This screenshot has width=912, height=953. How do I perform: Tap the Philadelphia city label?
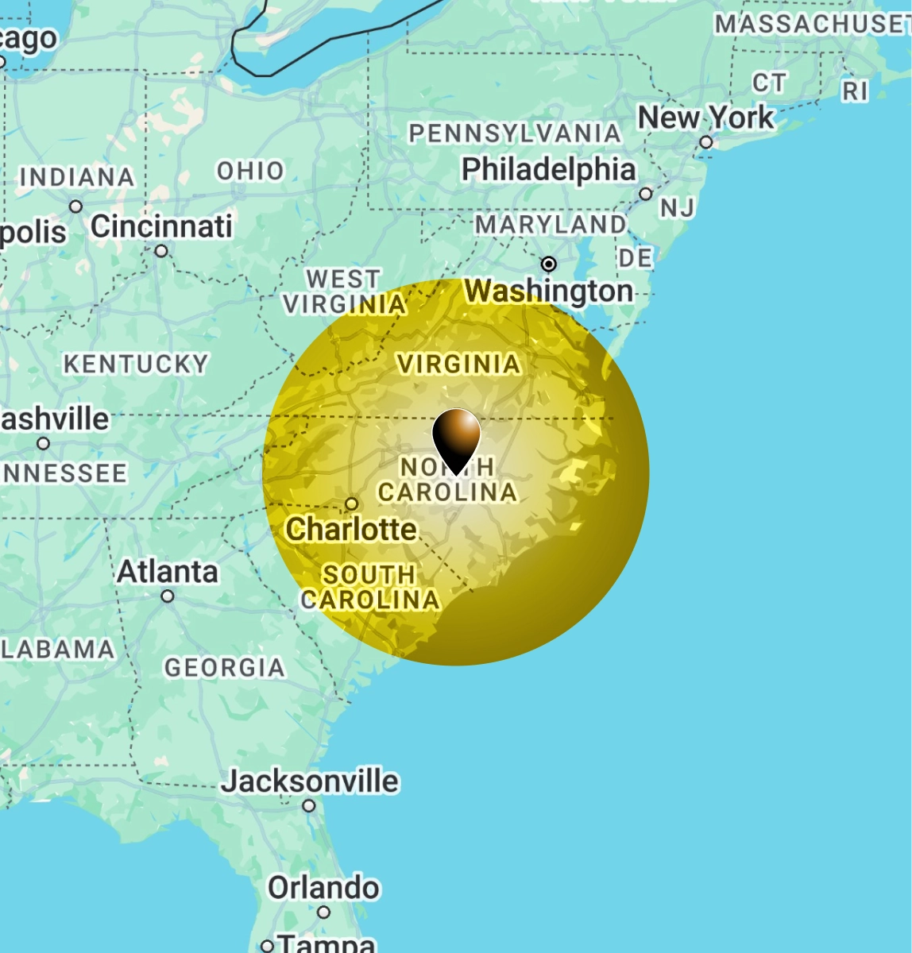[548, 169]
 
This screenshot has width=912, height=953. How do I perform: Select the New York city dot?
[706, 143]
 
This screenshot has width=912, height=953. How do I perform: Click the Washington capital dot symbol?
[548, 264]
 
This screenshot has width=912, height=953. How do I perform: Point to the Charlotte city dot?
[352, 504]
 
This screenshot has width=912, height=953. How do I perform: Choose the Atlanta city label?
[168, 571]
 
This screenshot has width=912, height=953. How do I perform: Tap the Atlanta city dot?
[168, 596]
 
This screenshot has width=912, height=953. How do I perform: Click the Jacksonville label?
[310, 781]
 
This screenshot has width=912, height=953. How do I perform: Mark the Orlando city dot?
[323, 912]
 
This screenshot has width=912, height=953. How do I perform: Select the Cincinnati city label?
[161, 226]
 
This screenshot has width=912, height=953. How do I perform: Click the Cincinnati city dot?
[161, 251]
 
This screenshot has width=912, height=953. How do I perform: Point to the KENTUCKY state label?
[136, 364]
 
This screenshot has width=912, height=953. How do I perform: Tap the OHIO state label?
[250, 170]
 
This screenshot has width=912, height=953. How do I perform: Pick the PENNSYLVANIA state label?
[515, 133]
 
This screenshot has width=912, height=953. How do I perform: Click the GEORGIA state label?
[225, 667]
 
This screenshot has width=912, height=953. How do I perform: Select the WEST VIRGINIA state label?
[344, 291]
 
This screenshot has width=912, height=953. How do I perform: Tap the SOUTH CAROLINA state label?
[369, 586]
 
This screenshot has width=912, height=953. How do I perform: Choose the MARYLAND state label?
[551, 225]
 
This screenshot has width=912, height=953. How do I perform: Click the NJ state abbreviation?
[678, 208]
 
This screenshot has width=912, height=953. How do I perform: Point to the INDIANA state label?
[77, 176]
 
